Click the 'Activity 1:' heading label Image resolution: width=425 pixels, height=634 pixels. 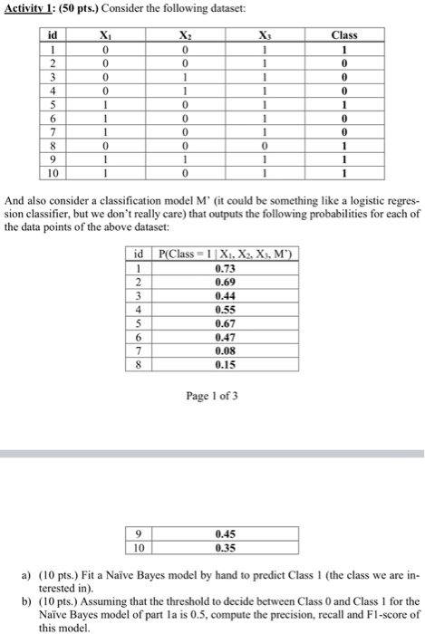click(28, 9)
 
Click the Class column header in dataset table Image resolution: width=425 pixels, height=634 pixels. click(345, 35)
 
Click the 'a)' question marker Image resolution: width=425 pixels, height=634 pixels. click(28, 576)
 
